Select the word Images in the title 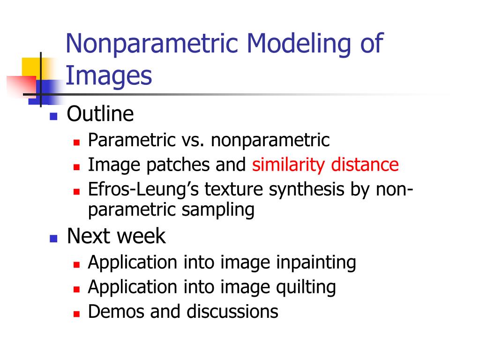[x=109, y=76]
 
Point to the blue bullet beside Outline [x=53, y=116]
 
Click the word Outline [x=100, y=114]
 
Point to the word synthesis [x=307, y=190]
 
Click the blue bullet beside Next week [x=53, y=239]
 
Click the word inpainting [x=316, y=263]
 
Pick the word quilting [x=306, y=287]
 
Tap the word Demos [x=116, y=312]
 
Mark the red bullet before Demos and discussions [x=76, y=314]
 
